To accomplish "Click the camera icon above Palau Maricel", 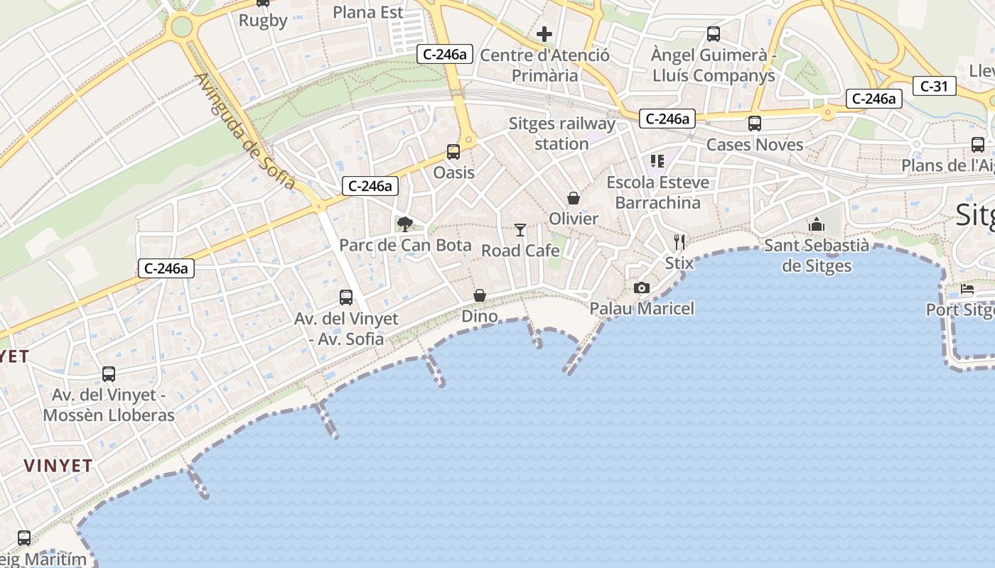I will point(641,288).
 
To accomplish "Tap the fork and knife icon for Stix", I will point(679,242).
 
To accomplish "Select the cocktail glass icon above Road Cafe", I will point(520,230).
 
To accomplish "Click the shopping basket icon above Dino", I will point(480,295).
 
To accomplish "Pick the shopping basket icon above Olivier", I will point(573,198).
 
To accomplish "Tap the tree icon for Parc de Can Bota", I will point(405,224).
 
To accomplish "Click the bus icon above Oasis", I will point(453,151).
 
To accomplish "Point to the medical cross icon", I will point(544,33).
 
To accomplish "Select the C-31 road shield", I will point(934,87).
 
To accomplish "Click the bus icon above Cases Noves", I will point(754,124).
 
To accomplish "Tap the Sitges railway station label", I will point(561,133).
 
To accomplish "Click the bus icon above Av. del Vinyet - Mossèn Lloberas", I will point(109,373).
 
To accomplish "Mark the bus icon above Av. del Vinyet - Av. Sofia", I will point(346,297).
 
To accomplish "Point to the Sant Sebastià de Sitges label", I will point(816,256).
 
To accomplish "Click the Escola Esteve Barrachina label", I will point(657,192).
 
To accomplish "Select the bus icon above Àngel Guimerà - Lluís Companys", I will point(713,33).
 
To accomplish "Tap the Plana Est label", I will point(368,12).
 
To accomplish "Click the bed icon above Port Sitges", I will point(967,289).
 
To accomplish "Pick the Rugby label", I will point(263,21).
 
